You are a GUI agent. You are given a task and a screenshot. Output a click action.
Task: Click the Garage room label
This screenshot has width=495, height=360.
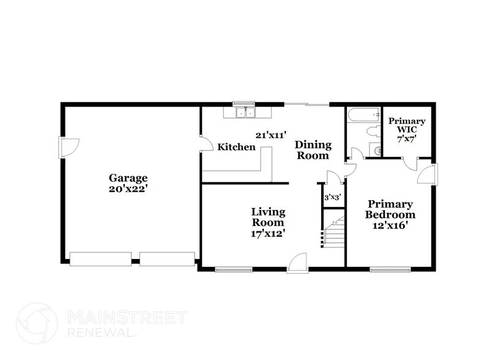coord(128,178)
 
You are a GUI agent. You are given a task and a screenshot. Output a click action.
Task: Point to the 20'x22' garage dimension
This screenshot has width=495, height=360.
coord(128,189)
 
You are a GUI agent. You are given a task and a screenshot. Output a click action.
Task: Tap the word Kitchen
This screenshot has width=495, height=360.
coord(237,147)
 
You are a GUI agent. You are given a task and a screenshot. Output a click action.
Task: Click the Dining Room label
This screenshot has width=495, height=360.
coord(313,150)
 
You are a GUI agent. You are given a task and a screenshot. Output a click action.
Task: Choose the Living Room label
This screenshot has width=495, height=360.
coord(268,217)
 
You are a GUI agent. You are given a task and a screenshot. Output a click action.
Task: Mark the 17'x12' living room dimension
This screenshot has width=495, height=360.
coord(268,233)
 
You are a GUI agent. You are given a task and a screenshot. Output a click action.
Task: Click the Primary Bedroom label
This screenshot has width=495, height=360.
coord(390,209)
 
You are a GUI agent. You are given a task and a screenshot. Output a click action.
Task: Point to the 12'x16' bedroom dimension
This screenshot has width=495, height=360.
coord(390,225)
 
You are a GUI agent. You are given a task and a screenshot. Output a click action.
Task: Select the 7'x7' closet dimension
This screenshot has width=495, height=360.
coord(407,140)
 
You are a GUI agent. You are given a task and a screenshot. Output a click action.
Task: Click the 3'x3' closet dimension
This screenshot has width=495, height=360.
coord(332,198)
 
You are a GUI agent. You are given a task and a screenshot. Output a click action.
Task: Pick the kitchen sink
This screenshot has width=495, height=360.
coord(247,113)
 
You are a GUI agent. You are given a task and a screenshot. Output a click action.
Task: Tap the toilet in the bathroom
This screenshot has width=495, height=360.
coord(371,131)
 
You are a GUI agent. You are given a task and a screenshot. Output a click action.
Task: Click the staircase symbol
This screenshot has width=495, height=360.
coord(334,234)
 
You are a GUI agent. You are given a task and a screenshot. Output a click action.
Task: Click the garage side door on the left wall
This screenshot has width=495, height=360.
coord(67,146)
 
